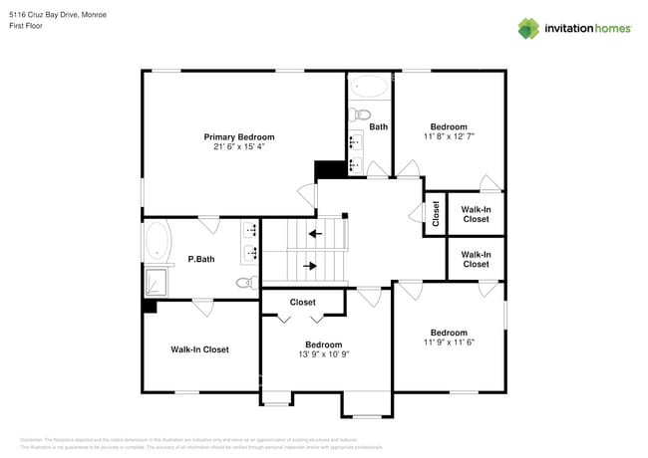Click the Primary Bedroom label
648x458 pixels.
(x=238, y=136)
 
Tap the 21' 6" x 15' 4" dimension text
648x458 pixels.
(x=238, y=146)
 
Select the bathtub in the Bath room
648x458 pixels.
(x=370, y=87)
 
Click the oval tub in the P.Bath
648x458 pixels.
(x=158, y=241)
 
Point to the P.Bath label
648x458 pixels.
(x=201, y=260)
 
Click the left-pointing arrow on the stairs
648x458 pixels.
(x=315, y=234)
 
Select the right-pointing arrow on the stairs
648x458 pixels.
(x=310, y=266)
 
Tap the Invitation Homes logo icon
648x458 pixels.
(x=528, y=28)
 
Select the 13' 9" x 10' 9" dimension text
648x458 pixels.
(x=323, y=353)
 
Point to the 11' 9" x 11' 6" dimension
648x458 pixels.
(x=448, y=343)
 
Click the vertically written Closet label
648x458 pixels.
(x=436, y=214)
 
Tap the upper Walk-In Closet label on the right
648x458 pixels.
(x=476, y=214)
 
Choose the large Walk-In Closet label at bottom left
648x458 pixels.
(x=199, y=349)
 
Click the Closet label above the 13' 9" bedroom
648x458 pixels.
(x=302, y=302)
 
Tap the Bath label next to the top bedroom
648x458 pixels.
(x=378, y=126)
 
